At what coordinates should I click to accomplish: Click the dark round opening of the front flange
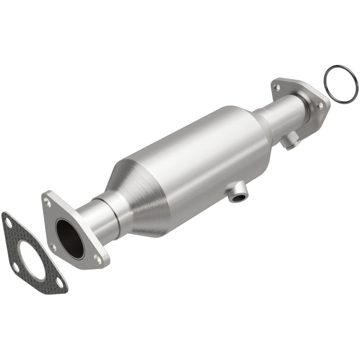[x=70, y=238]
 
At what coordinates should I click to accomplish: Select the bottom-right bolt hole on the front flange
[x=97, y=258]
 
